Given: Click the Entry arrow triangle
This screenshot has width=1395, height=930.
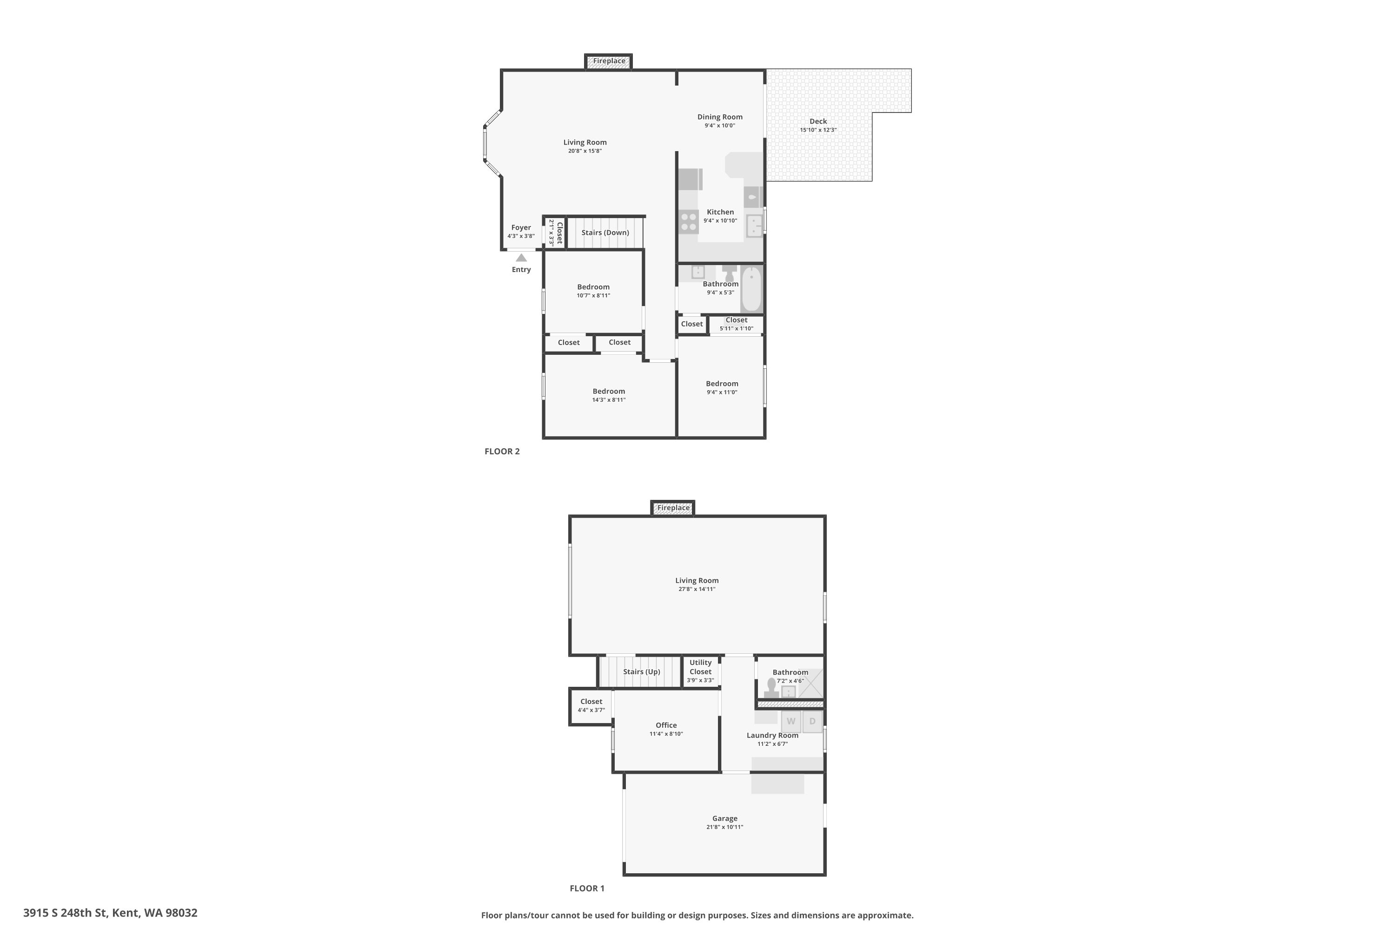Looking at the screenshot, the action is [x=521, y=258].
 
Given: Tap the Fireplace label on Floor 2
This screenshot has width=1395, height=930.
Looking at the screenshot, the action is [x=609, y=61].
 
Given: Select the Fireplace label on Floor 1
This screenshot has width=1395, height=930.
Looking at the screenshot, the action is [x=673, y=508].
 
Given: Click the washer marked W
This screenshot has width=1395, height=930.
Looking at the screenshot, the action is [x=790, y=722].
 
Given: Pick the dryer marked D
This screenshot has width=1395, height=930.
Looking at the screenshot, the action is [x=812, y=722].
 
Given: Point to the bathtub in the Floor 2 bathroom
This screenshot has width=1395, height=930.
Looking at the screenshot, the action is [x=751, y=289].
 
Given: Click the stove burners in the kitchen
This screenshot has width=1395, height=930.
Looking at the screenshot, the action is [x=689, y=222].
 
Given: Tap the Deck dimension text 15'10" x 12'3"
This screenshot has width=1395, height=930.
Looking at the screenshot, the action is [x=818, y=130].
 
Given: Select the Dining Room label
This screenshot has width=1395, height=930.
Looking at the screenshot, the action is [x=720, y=117].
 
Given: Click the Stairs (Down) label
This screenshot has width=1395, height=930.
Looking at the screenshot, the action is [x=605, y=232].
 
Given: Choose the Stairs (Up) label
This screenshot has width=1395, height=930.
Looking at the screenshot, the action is [x=642, y=672].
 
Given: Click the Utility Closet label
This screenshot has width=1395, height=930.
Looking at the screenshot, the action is [x=700, y=667].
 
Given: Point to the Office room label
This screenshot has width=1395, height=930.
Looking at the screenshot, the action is [x=666, y=725].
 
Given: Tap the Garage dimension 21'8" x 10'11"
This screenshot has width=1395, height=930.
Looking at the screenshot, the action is [x=725, y=827].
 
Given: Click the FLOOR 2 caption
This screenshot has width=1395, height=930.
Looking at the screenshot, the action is [x=502, y=452].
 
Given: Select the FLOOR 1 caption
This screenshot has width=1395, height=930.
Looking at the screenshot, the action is [x=587, y=889].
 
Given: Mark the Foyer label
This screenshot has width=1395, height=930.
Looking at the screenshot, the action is [x=521, y=228].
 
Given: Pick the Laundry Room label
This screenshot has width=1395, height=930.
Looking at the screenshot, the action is [x=772, y=736].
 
